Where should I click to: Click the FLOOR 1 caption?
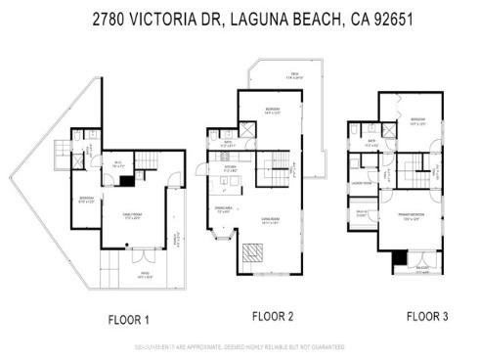click(128, 319)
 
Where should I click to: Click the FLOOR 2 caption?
click(274, 316)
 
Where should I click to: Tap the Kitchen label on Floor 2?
click(232, 167)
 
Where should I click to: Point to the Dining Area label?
click(222, 209)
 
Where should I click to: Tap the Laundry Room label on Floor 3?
click(360, 183)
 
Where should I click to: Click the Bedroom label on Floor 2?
click(274, 111)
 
